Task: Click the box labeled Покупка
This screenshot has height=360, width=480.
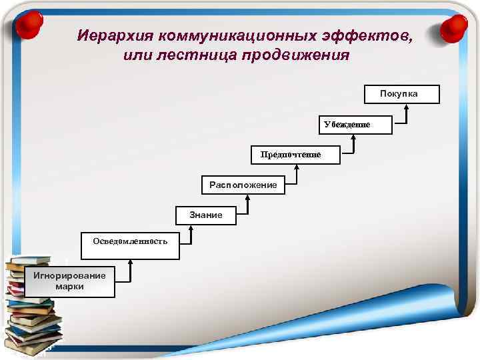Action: [x=401, y=94]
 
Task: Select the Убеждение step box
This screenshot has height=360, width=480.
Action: [x=347, y=125]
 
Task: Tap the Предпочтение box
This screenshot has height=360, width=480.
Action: [x=295, y=155]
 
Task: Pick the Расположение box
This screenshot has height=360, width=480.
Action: [x=243, y=185]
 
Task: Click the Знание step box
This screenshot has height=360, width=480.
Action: [x=205, y=215]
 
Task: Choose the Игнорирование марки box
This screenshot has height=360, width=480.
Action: [x=69, y=281]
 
